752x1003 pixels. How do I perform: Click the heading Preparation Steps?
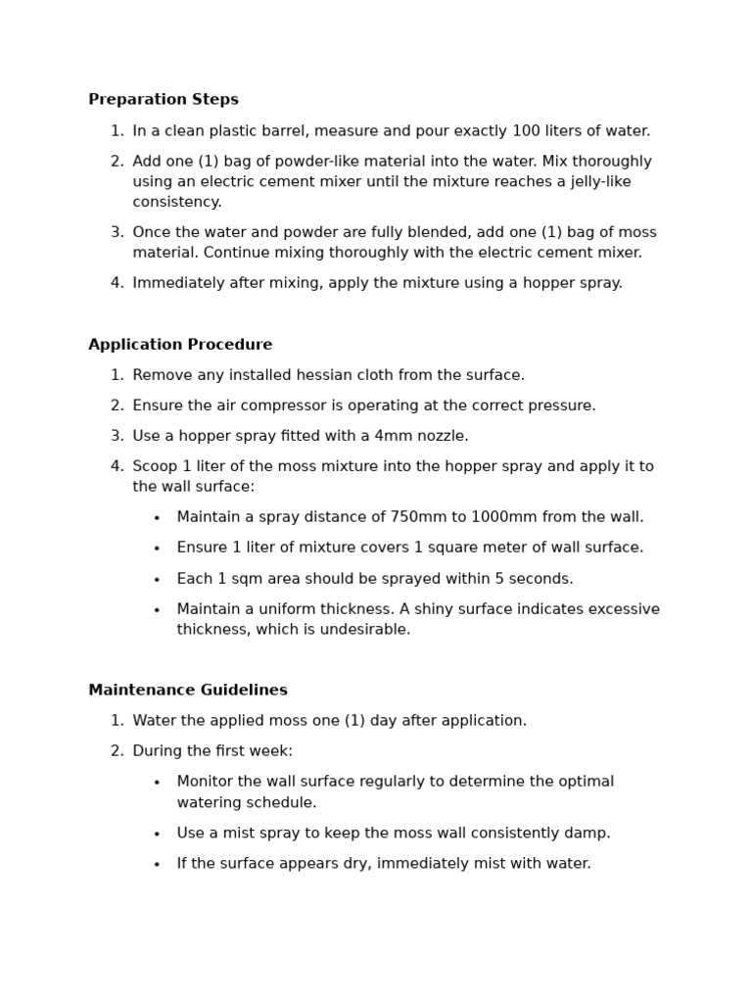(x=164, y=99)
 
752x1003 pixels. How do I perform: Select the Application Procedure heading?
(x=180, y=345)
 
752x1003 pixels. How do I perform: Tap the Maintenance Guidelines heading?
(x=188, y=690)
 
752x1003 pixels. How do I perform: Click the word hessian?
(x=315, y=375)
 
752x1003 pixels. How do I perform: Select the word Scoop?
(x=155, y=466)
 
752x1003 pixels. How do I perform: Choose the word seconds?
(x=540, y=579)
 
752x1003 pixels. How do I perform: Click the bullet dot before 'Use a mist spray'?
(x=157, y=834)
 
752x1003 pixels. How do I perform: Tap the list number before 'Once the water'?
(x=117, y=232)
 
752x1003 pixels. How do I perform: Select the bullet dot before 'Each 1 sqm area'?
(x=157, y=579)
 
